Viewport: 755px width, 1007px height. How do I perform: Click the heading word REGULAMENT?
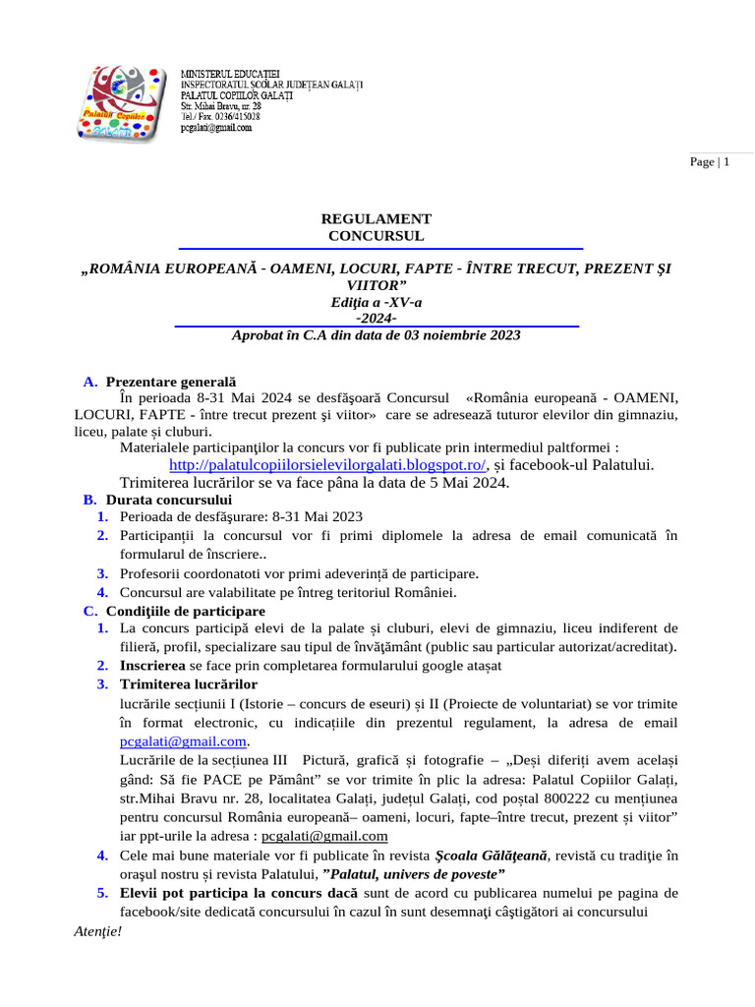[377, 219]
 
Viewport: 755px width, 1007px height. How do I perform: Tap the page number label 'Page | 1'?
[710, 162]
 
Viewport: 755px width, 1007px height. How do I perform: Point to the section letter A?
[89, 382]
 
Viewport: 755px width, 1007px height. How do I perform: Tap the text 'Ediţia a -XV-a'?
[377, 302]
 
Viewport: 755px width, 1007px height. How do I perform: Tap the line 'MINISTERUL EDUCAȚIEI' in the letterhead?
[231, 74]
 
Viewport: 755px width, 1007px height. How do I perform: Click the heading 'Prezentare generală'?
[171, 382]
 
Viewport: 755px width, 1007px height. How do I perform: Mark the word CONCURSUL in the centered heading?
[377, 236]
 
